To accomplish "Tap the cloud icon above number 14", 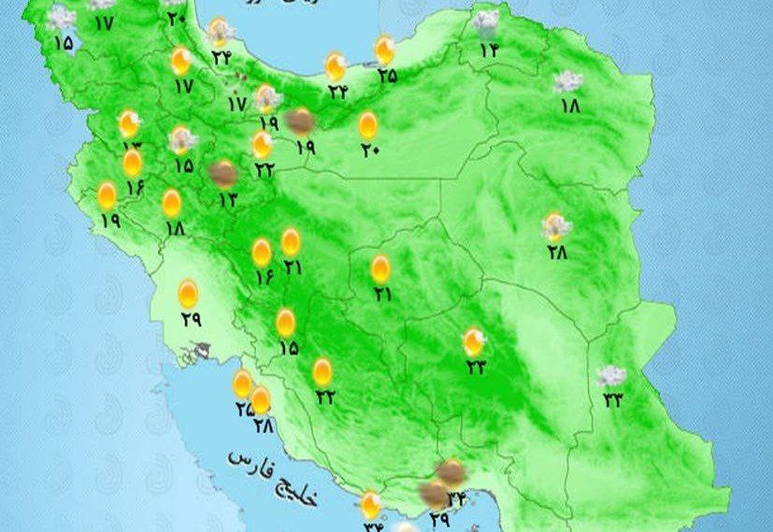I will (485, 21).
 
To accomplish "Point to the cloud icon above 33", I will (611, 375).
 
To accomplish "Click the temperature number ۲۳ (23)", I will (477, 367).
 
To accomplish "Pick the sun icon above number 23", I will (475, 342).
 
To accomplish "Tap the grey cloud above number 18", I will (565, 81).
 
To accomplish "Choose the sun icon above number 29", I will (189, 293).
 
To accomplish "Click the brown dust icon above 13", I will (222, 172).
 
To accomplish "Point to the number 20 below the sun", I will (370, 151).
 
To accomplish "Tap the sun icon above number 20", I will (368, 125).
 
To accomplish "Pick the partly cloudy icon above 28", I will (557, 225).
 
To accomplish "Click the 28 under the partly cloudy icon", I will (559, 251).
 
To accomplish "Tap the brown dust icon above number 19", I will (300, 119).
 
